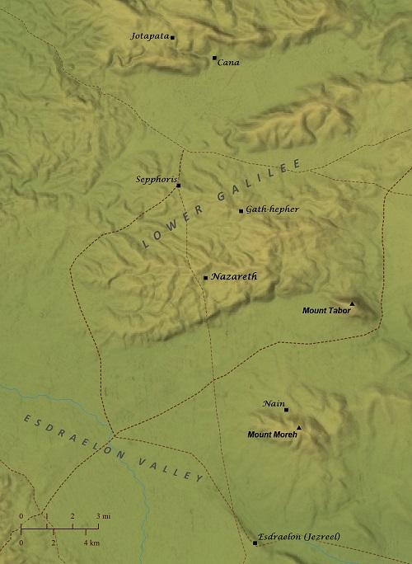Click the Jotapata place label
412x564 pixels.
point(150,36)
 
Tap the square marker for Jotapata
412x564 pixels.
point(172,37)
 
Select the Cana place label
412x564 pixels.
point(227,63)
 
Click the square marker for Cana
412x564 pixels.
point(214,58)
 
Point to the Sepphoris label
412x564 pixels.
point(155,179)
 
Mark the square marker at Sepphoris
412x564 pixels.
point(178,186)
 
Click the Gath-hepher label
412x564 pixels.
point(273,209)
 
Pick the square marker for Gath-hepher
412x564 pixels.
point(241,211)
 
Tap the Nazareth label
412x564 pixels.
point(235,277)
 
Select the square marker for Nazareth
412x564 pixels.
point(205,278)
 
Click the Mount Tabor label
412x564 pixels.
point(325,311)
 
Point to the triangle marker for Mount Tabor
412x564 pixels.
point(352,304)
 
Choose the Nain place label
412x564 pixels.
point(273,403)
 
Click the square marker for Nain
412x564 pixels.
point(286,410)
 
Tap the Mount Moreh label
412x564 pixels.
point(271,433)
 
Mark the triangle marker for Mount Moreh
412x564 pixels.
point(299,427)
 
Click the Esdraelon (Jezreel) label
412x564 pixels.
point(298,537)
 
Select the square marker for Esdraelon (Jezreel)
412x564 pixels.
point(255,543)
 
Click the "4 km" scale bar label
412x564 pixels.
point(91,543)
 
